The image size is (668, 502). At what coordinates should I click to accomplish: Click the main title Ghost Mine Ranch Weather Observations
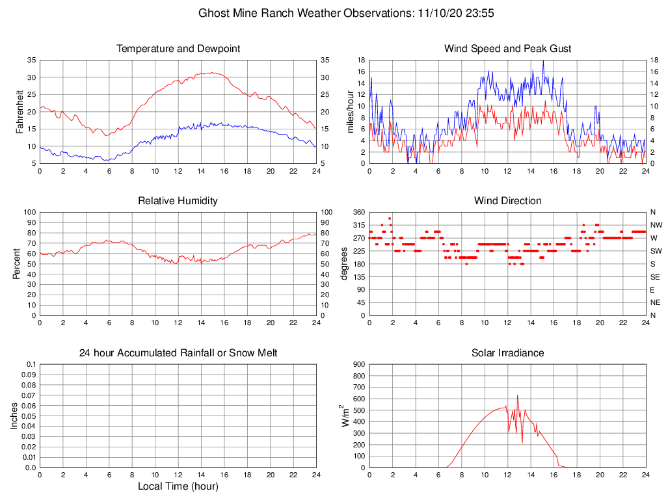[x=334, y=13]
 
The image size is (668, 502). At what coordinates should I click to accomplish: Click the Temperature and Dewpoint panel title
[x=178, y=49]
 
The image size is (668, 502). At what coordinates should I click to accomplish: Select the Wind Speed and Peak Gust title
[x=507, y=49]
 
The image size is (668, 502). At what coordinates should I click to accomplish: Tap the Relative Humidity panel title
[x=178, y=201]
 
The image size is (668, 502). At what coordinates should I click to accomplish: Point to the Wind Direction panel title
[x=507, y=201]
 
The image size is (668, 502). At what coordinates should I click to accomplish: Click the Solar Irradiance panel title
[x=507, y=353]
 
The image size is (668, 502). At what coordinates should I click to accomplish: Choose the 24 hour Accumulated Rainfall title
[x=178, y=353]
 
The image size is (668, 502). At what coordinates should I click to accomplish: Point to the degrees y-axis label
[x=345, y=264]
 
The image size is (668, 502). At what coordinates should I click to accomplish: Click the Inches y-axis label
[x=15, y=416]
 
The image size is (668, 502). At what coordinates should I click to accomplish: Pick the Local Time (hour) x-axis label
[x=178, y=486]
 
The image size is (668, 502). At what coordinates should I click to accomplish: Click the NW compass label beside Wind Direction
[x=656, y=225]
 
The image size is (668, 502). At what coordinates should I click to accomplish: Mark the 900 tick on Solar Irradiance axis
[x=358, y=364]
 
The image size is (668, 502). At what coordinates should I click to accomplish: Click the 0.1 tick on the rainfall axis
[x=31, y=364]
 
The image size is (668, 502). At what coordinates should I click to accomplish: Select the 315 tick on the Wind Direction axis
[x=358, y=225]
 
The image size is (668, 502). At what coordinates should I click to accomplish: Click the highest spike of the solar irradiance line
[x=518, y=395]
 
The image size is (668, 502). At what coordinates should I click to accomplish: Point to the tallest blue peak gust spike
[x=543, y=61]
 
